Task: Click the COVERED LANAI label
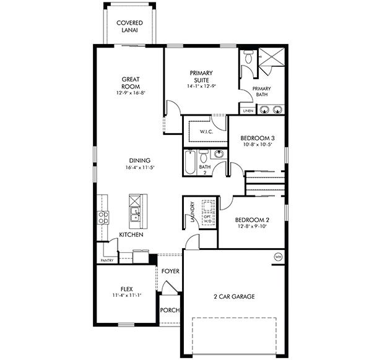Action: coord(129,27)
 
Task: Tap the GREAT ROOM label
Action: coord(129,83)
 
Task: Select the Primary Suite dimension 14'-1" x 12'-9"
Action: coord(202,87)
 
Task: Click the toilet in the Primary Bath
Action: coord(248,58)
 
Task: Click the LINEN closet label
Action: coord(248,111)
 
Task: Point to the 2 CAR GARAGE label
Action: coord(233,296)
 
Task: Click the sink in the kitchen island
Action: coord(134,215)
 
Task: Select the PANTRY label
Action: coord(106,261)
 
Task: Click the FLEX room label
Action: coord(126,288)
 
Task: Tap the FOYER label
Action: coord(170,271)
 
